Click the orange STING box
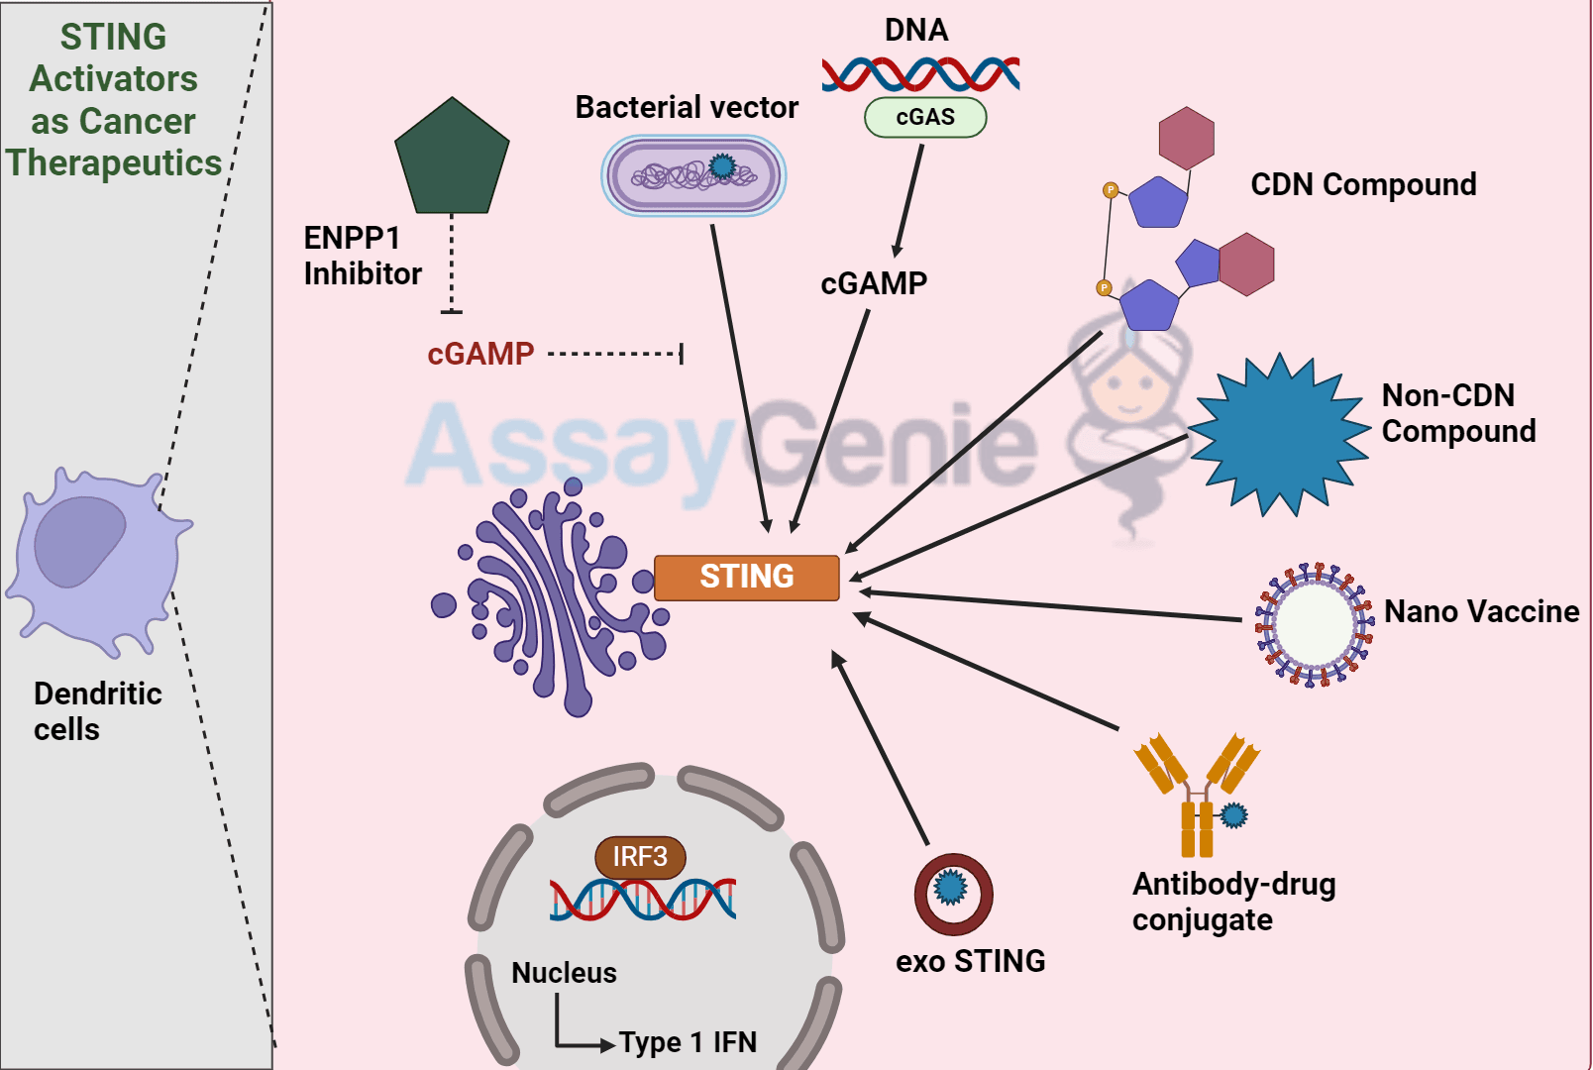(746, 578)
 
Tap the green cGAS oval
(925, 117)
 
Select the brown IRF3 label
(640, 857)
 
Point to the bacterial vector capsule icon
(693, 176)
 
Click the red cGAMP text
(480, 354)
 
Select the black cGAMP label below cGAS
(874, 283)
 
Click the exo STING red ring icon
(953, 894)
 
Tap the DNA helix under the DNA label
(920, 74)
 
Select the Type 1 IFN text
(688, 1042)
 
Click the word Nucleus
(564, 973)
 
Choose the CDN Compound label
(1363, 184)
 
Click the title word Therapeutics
(114, 162)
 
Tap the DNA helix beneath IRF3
(643, 900)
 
